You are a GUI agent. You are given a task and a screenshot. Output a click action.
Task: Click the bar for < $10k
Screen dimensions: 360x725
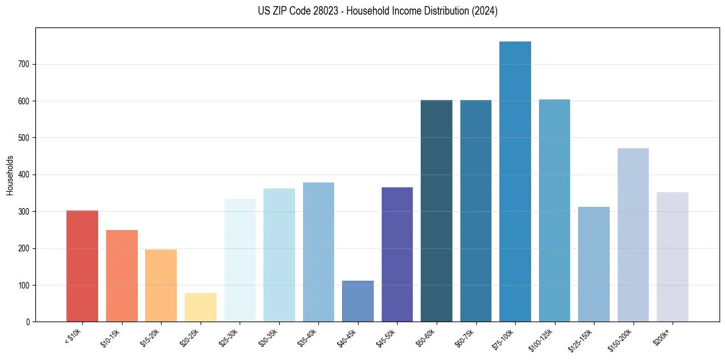pos(82,266)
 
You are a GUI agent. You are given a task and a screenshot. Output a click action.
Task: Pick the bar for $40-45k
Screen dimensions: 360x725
pos(358,301)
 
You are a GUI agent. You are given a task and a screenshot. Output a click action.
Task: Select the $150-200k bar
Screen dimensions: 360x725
pos(633,235)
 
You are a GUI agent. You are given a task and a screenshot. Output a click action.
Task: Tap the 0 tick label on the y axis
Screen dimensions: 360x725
pos(28,322)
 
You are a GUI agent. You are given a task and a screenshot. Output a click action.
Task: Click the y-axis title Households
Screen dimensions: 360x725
pos(10,175)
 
